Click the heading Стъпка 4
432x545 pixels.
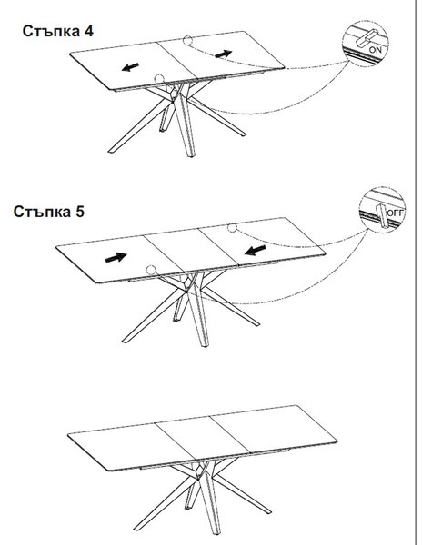coord(58,31)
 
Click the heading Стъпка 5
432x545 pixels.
coord(49,212)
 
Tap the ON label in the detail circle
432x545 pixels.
coord(375,50)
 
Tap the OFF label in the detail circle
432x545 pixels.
coord(396,213)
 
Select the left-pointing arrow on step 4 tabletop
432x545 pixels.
coord(130,66)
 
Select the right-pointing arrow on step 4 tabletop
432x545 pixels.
coord(224,54)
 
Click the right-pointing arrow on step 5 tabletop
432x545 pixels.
coord(116,257)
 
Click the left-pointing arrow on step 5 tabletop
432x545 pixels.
coord(256,251)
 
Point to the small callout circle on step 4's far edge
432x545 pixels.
coord(187,40)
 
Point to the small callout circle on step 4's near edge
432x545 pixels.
coord(159,79)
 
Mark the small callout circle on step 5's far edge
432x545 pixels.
coord(232,228)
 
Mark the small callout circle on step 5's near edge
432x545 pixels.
coord(151,270)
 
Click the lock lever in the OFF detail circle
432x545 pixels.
coord(381,215)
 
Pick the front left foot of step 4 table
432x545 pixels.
coord(111,151)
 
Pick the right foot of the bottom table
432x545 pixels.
coord(266,511)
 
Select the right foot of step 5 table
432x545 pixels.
coord(256,322)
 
